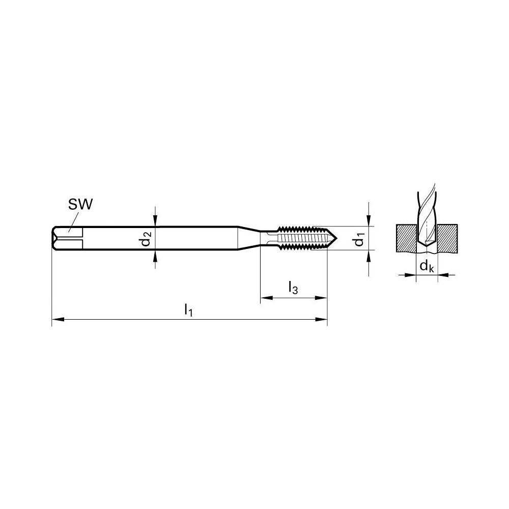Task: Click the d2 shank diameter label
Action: (x=147, y=238)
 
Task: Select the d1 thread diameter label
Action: (x=360, y=238)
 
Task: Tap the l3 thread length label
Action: (x=293, y=289)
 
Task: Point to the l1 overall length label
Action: (x=188, y=309)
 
